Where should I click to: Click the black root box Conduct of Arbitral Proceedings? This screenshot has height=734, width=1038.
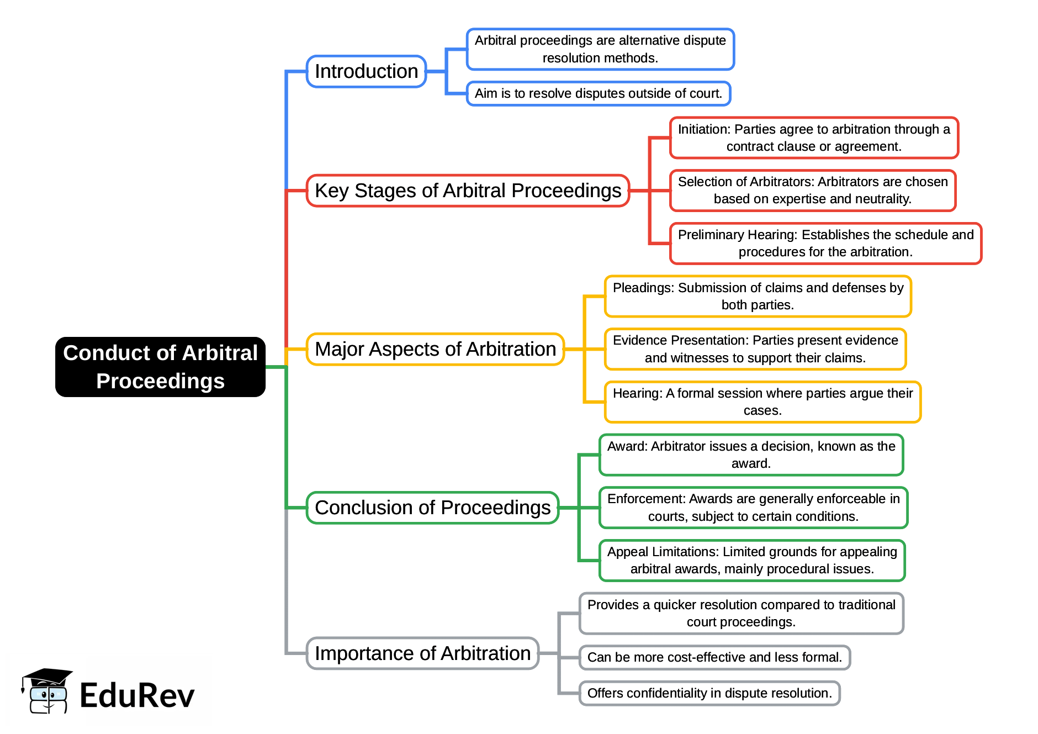click(160, 367)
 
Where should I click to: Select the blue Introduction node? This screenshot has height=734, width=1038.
click(366, 71)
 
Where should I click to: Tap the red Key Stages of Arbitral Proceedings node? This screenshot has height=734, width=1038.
click(468, 191)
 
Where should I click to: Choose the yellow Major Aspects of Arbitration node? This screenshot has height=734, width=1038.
click(435, 349)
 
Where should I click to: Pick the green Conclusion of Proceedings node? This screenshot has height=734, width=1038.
click(432, 508)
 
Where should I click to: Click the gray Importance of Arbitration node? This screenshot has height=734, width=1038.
click(422, 653)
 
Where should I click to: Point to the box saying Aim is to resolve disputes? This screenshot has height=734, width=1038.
click(599, 93)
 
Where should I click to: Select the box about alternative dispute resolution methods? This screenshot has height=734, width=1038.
click(600, 49)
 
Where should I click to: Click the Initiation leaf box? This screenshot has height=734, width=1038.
click(814, 138)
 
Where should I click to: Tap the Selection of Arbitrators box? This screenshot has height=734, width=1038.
click(813, 191)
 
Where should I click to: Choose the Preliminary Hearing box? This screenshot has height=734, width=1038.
click(825, 244)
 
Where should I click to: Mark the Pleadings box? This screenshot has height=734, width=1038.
click(758, 297)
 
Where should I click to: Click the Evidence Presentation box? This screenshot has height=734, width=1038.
click(755, 349)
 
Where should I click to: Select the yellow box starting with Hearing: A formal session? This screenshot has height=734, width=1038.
click(762, 402)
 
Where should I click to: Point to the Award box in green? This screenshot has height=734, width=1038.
click(751, 455)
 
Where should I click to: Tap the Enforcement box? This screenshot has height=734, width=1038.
click(753, 508)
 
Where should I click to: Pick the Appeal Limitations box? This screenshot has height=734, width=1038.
click(752, 561)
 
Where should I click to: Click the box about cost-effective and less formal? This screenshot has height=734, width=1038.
click(714, 657)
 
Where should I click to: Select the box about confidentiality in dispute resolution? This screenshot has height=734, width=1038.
click(709, 693)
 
